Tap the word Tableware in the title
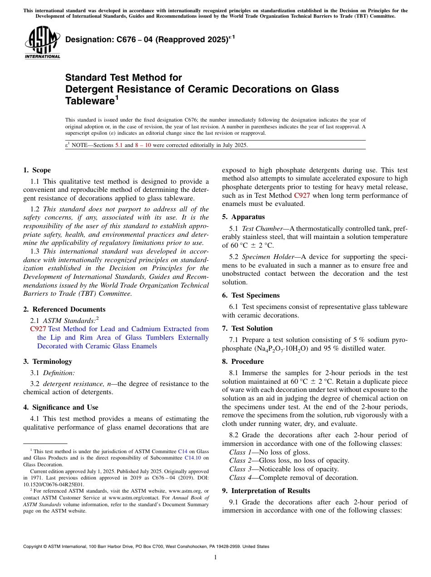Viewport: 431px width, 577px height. (90, 101)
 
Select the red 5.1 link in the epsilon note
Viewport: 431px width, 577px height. (120, 145)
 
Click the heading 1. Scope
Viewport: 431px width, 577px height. (37, 170)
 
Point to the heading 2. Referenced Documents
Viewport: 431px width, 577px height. (64, 309)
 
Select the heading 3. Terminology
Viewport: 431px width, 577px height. (48, 362)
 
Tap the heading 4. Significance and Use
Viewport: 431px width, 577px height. (61, 407)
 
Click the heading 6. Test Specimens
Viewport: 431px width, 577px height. (251, 295)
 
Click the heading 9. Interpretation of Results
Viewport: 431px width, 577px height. (266, 491)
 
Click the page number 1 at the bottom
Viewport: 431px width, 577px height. (215, 557)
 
